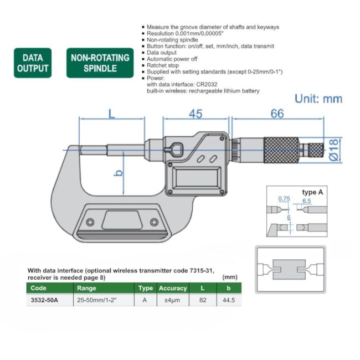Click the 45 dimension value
pos(195,114)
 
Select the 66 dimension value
pos(277,114)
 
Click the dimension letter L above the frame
pos(111,115)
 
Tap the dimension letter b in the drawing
pos(117,173)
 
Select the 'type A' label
pos(312,192)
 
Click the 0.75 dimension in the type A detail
pos(284,198)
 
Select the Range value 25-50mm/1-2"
pos(96,300)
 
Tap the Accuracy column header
pos(173,289)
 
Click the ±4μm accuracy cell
pos(173,300)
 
